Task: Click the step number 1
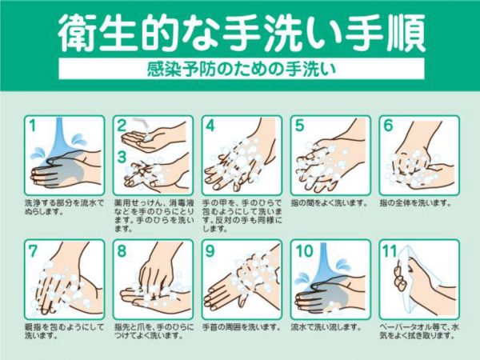33,126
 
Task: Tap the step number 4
210,126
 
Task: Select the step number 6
388,126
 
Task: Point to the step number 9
210,250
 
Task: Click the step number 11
390,251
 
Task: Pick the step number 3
122,157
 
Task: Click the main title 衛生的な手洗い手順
242,33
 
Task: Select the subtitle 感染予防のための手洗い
242,69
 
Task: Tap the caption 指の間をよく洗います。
329,203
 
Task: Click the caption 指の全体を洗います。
416,203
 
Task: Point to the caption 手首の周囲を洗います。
242,327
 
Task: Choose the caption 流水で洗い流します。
326,327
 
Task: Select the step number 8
122,250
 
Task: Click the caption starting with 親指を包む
64,331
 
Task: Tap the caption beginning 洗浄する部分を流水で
64,207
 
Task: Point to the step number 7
33,250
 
